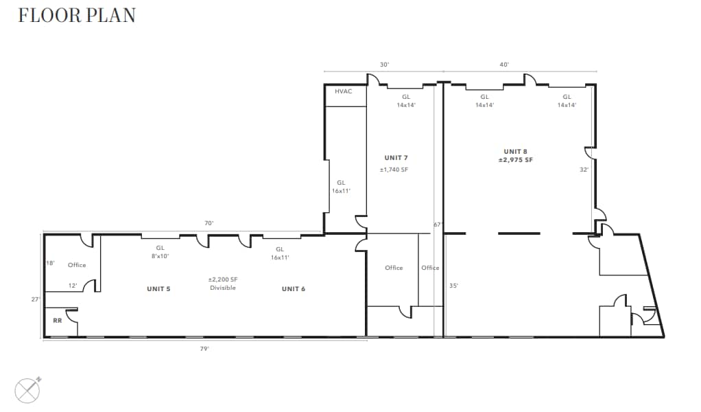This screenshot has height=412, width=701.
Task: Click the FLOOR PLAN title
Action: tap(76, 15)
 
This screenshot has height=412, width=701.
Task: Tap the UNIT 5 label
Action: tap(158, 289)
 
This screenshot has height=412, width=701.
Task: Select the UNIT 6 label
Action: tap(294, 289)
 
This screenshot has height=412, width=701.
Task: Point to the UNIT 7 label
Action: tap(397, 158)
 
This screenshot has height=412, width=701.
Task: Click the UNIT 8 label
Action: tap(516, 151)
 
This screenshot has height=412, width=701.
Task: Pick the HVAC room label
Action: tap(344, 91)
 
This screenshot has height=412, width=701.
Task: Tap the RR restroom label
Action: tap(58, 320)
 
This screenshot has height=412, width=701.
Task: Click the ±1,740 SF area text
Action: tap(397, 170)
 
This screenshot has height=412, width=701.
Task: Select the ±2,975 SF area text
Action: tap(516, 160)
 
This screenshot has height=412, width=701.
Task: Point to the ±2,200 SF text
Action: tap(223, 279)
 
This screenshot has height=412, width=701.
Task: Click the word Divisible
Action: tap(223, 288)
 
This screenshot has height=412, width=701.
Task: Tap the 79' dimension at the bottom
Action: tap(204, 349)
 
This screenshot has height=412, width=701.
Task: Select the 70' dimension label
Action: tap(209, 223)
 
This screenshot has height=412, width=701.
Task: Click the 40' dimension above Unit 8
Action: tap(504, 65)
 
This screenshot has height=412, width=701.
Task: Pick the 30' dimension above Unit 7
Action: tap(385, 65)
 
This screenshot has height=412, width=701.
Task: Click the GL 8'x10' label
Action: tap(160, 252)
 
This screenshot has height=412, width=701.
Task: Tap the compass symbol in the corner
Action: tap(28, 391)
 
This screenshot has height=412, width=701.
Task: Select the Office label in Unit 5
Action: tap(77, 265)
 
